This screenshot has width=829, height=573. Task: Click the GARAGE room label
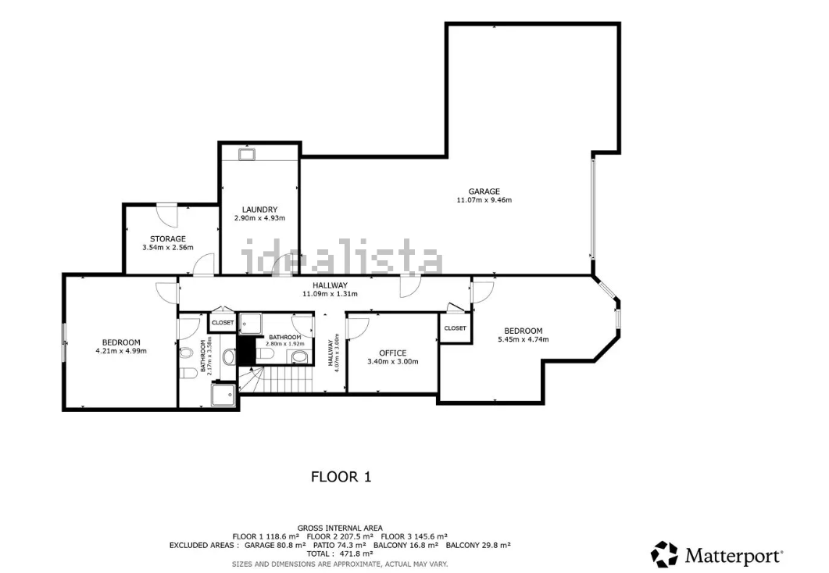pyautogui.click(x=484, y=192)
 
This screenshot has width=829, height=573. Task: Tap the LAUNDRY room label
pyautogui.click(x=259, y=210)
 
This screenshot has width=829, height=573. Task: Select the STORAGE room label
pyautogui.click(x=168, y=238)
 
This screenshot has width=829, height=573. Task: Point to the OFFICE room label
pyautogui.click(x=393, y=353)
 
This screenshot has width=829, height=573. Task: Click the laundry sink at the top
pyautogui.click(x=247, y=155)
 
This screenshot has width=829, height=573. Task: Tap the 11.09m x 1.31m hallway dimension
pyautogui.click(x=330, y=294)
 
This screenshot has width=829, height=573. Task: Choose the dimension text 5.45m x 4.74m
pyautogui.click(x=523, y=339)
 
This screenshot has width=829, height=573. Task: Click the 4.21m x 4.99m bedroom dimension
pyautogui.click(x=121, y=351)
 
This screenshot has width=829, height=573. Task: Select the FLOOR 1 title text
pyautogui.click(x=341, y=477)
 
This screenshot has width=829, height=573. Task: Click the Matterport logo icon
pyautogui.click(x=664, y=554)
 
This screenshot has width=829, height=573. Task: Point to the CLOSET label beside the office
pyautogui.click(x=456, y=328)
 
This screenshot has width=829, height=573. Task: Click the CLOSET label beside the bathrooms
pyautogui.click(x=223, y=322)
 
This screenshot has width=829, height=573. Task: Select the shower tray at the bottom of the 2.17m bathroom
pyautogui.click(x=223, y=395)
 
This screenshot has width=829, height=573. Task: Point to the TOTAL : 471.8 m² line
pyautogui.click(x=340, y=554)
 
